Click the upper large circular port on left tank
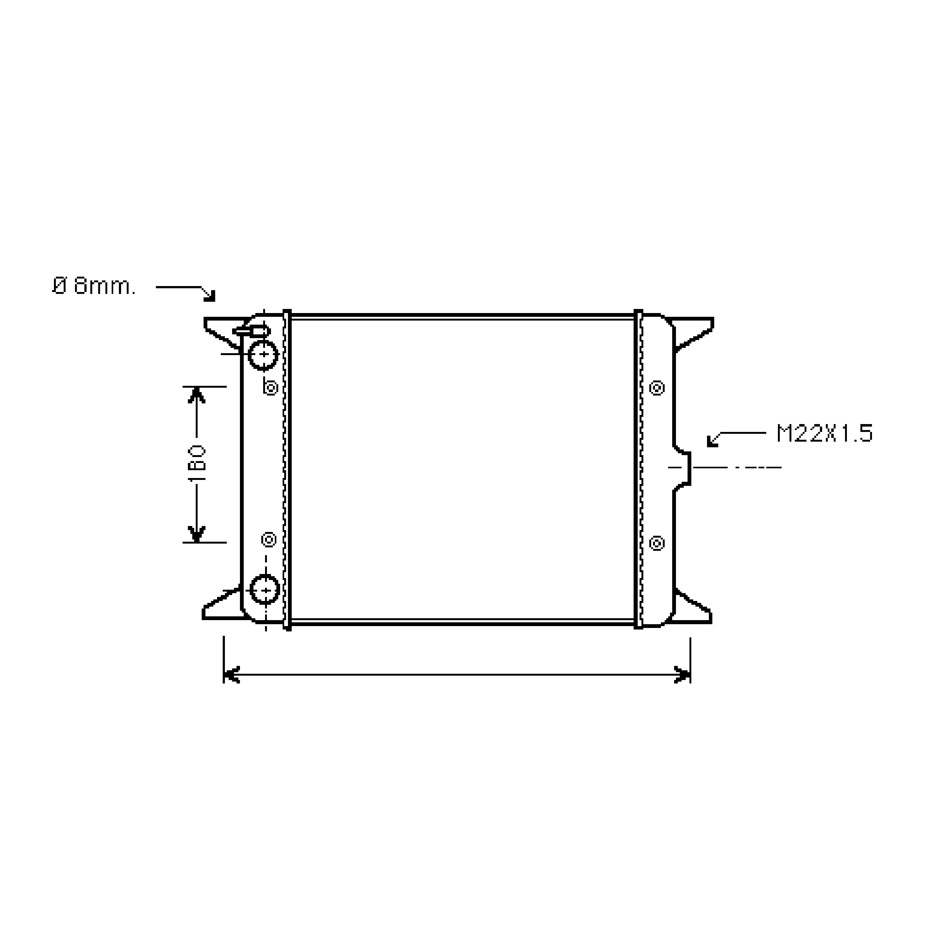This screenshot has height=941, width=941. tap(263, 354)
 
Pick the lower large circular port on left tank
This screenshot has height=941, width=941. tap(264, 590)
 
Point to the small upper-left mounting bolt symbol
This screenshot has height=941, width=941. tap(271, 388)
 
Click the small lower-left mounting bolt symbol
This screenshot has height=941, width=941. tap(269, 540)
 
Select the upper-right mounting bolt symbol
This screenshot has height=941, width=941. tap(657, 388)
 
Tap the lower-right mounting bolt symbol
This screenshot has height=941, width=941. tap(657, 543)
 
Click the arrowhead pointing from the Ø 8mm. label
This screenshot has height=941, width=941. tap(210, 295)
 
